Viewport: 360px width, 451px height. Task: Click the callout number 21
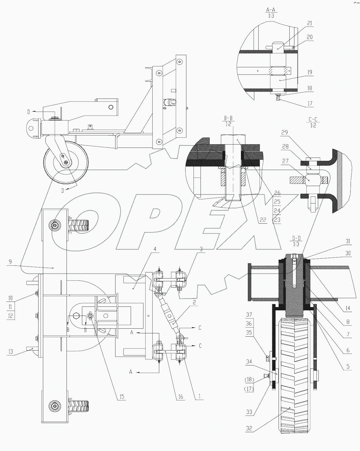point(310,24)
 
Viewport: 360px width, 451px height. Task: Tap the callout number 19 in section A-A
point(310,72)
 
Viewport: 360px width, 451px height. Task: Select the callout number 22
point(263,220)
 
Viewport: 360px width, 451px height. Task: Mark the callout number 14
point(347,308)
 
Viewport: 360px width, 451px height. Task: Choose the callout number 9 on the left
point(10,262)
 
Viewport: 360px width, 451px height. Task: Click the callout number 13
point(11,352)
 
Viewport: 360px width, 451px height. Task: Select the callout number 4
point(155,249)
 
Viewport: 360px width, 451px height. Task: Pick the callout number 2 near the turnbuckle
point(194,303)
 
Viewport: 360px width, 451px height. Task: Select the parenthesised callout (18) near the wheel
point(249,379)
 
